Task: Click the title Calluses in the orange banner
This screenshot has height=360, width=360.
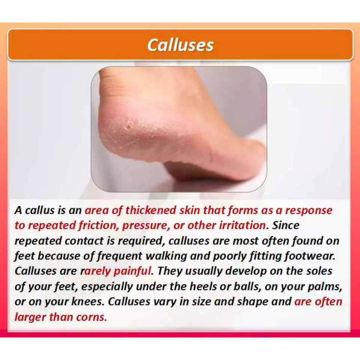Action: (180, 45)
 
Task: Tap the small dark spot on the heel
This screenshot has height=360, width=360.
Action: (129, 126)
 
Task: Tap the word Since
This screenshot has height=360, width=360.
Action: (286, 225)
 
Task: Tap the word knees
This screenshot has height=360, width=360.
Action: (88, 301)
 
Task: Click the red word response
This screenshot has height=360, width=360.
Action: (309, 211)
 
